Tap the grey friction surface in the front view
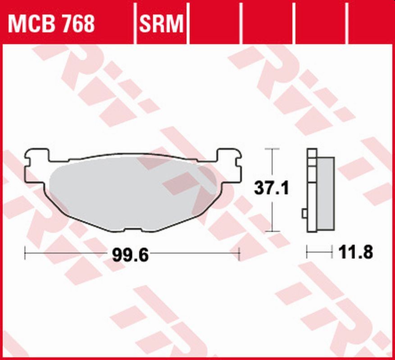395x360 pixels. coord(131,189)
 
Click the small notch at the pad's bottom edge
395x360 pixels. coord(133,231)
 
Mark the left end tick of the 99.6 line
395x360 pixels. coord(25,254)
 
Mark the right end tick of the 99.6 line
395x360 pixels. coord(239,254)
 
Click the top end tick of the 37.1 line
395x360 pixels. coord(272,148)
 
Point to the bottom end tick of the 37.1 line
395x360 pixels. coord(272,231)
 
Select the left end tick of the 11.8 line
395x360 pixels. coord(307,252)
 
